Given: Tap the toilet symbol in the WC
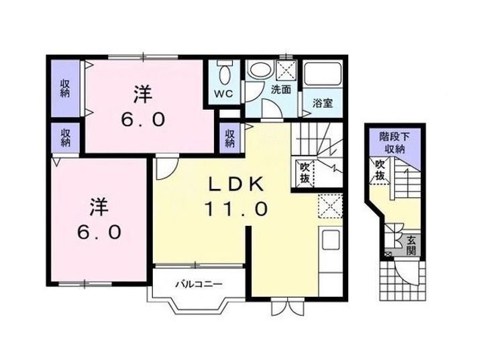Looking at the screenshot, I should point(224,71).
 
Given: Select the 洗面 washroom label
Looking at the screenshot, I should point(280,90).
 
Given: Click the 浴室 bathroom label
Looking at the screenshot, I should point(323,103).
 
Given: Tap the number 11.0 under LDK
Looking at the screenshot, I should point(236,209).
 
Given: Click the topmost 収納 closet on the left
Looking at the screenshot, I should point(65,89).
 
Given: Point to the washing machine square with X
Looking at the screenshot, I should point(288,70).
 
